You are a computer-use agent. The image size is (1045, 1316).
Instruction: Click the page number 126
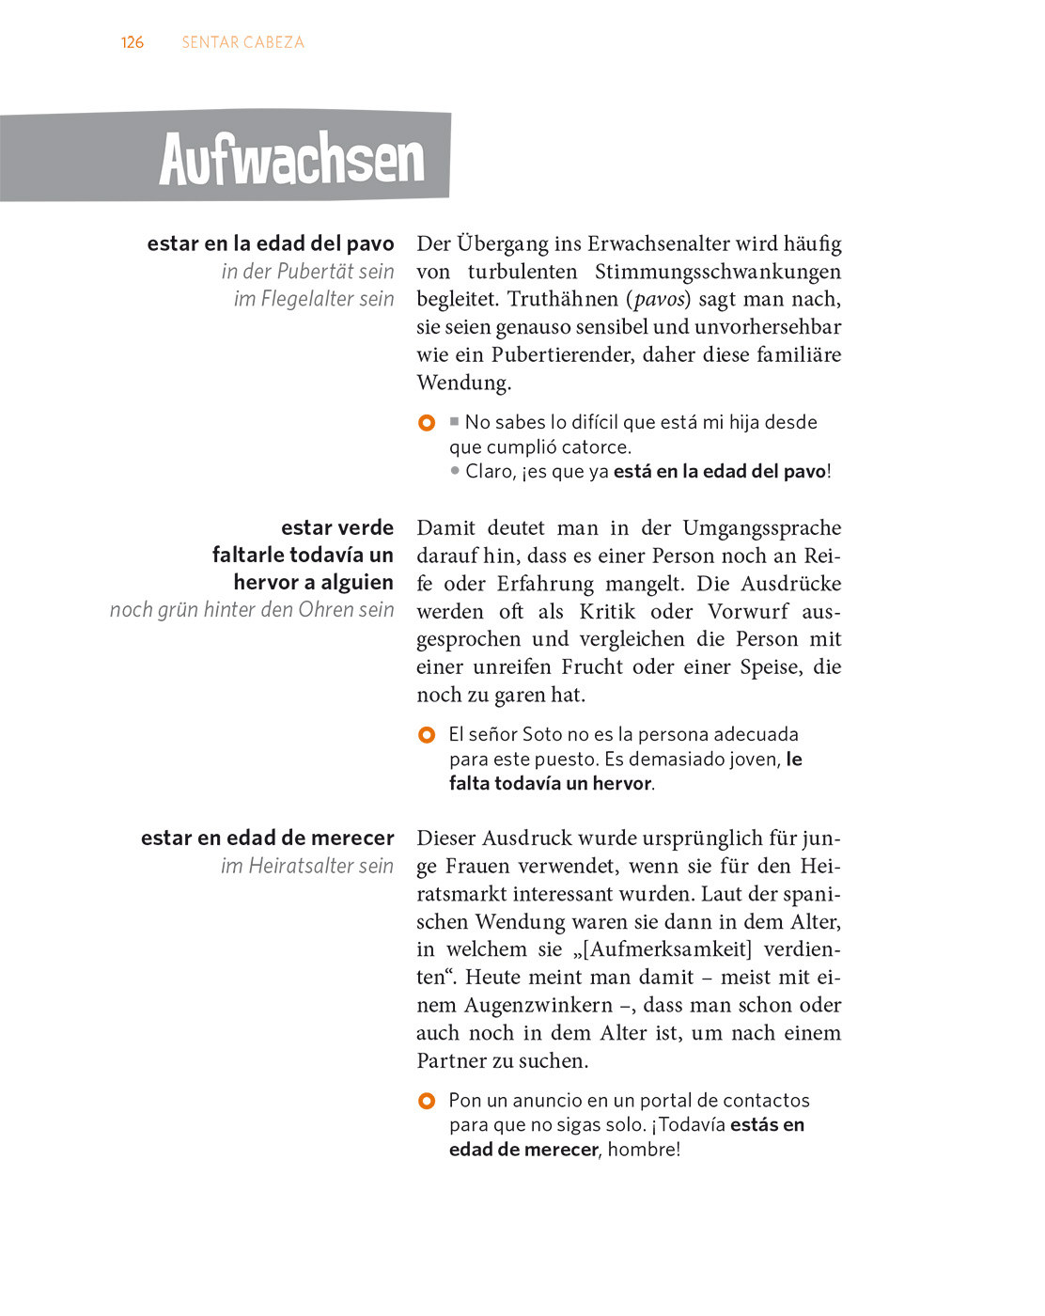133,42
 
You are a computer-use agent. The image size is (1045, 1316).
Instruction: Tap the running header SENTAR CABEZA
242,42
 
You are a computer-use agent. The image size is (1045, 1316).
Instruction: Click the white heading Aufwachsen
291,159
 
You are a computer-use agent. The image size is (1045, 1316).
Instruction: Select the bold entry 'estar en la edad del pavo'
271,243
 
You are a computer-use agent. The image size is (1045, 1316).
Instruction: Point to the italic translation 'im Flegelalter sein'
314,299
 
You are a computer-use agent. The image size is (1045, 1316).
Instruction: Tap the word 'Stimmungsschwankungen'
718,272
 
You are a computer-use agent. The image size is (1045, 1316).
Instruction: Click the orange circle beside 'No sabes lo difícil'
427,423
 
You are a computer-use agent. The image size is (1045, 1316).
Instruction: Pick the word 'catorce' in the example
597,447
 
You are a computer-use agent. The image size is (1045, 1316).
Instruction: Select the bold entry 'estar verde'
337,527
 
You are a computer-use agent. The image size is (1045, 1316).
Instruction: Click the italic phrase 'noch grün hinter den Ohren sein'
252,610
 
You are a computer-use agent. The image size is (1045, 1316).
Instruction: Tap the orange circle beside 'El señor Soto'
427,735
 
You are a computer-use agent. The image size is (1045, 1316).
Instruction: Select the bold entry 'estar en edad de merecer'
268,838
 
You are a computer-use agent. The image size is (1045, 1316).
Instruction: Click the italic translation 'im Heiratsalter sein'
307,866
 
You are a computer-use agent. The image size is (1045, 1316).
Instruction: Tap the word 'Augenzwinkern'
538,1005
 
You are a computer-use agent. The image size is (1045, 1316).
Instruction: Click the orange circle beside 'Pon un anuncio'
427,1101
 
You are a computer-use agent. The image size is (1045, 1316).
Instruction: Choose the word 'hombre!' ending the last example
644,1150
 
